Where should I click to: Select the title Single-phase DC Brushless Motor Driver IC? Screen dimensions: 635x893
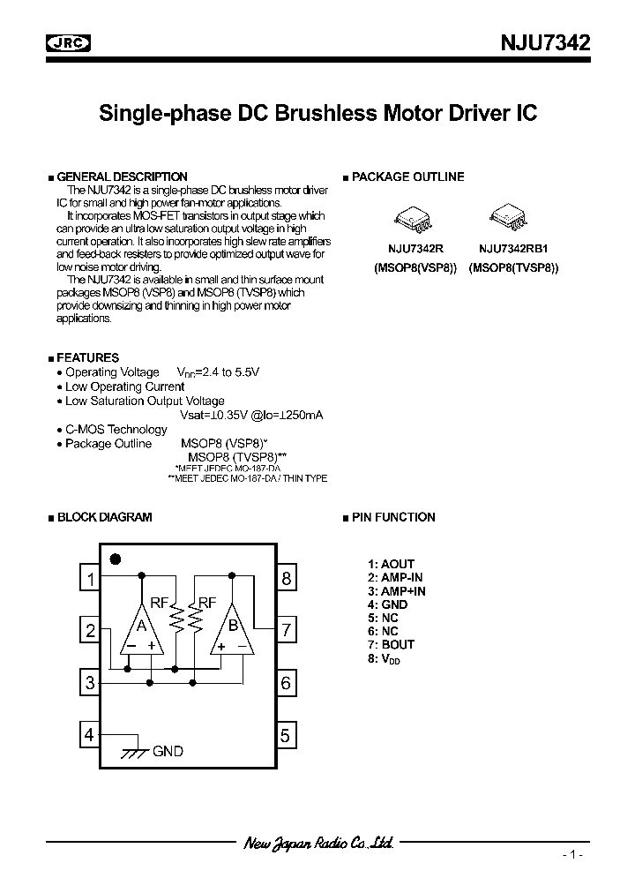(317, 114)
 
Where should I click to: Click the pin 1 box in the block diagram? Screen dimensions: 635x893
(89, 579)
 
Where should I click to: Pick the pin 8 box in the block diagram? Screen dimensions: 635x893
(286, 579)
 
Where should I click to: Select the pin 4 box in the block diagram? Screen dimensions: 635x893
(89, 734)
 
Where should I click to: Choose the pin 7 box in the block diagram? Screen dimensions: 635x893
(286, 631)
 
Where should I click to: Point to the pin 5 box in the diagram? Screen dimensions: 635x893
(286, 734)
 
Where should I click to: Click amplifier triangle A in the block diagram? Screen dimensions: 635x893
(142, 628)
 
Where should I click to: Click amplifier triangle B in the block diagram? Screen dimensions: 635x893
(231, 628)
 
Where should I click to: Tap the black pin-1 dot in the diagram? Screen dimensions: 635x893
(115, 558)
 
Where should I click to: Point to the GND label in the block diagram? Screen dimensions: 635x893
(168, 751)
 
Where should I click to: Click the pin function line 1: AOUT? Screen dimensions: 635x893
(391, 564)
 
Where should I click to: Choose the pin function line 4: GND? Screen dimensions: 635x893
(388, 604)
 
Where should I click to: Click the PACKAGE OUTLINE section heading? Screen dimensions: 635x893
(407, 177)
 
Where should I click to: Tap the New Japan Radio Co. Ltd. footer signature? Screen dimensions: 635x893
(317, 843)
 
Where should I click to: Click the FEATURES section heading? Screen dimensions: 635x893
(87, 357)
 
